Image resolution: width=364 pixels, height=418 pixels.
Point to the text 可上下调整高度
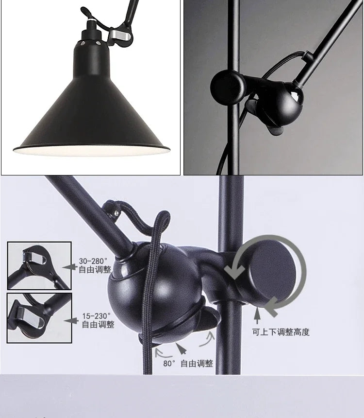281,332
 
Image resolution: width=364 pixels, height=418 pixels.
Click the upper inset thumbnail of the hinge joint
39,265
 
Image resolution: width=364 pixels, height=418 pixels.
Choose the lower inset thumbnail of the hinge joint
39,317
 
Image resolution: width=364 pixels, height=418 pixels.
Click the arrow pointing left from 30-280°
71,267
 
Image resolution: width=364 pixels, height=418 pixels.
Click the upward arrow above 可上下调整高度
258,316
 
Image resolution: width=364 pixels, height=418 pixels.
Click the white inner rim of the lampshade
92,152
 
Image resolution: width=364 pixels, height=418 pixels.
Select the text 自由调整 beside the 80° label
197,363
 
